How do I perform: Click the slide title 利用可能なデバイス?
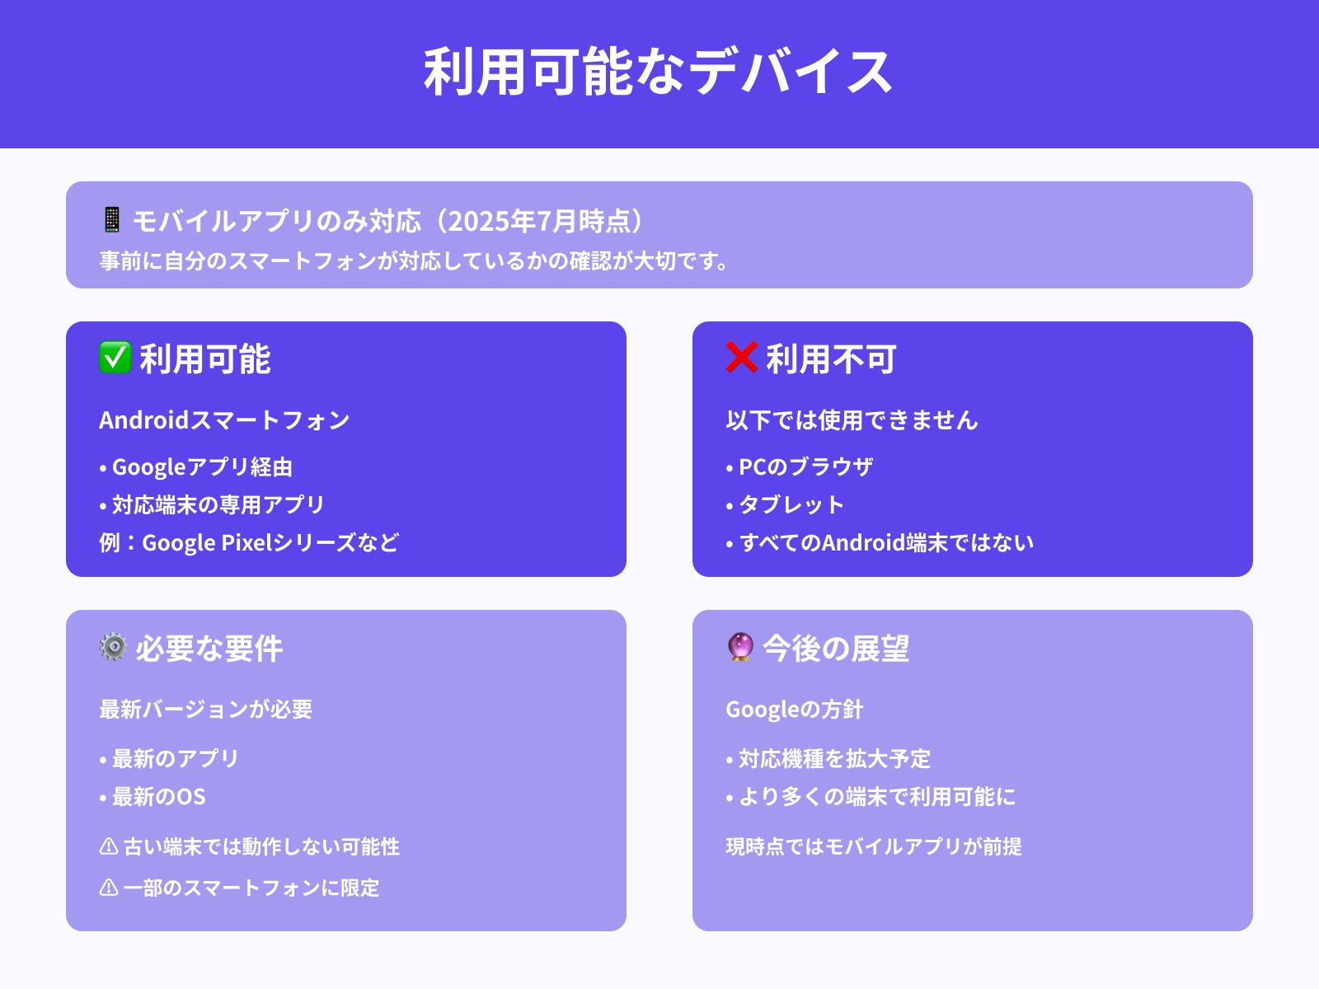coord(658,73)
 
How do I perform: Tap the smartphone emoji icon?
coord(112,220)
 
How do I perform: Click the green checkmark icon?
coord(115,358)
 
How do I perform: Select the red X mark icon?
coord(741,358)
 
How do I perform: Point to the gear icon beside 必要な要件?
coord(113,647)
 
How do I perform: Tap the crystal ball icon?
coord(740,647)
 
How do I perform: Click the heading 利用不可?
coord(831,359)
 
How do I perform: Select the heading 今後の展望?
coord(836,649)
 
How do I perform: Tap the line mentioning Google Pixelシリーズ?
coord(249,542)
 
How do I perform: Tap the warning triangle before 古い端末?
coord(109,846)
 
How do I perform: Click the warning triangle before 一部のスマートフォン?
coord(109,888)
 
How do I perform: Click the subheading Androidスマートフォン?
coord(224,420)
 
